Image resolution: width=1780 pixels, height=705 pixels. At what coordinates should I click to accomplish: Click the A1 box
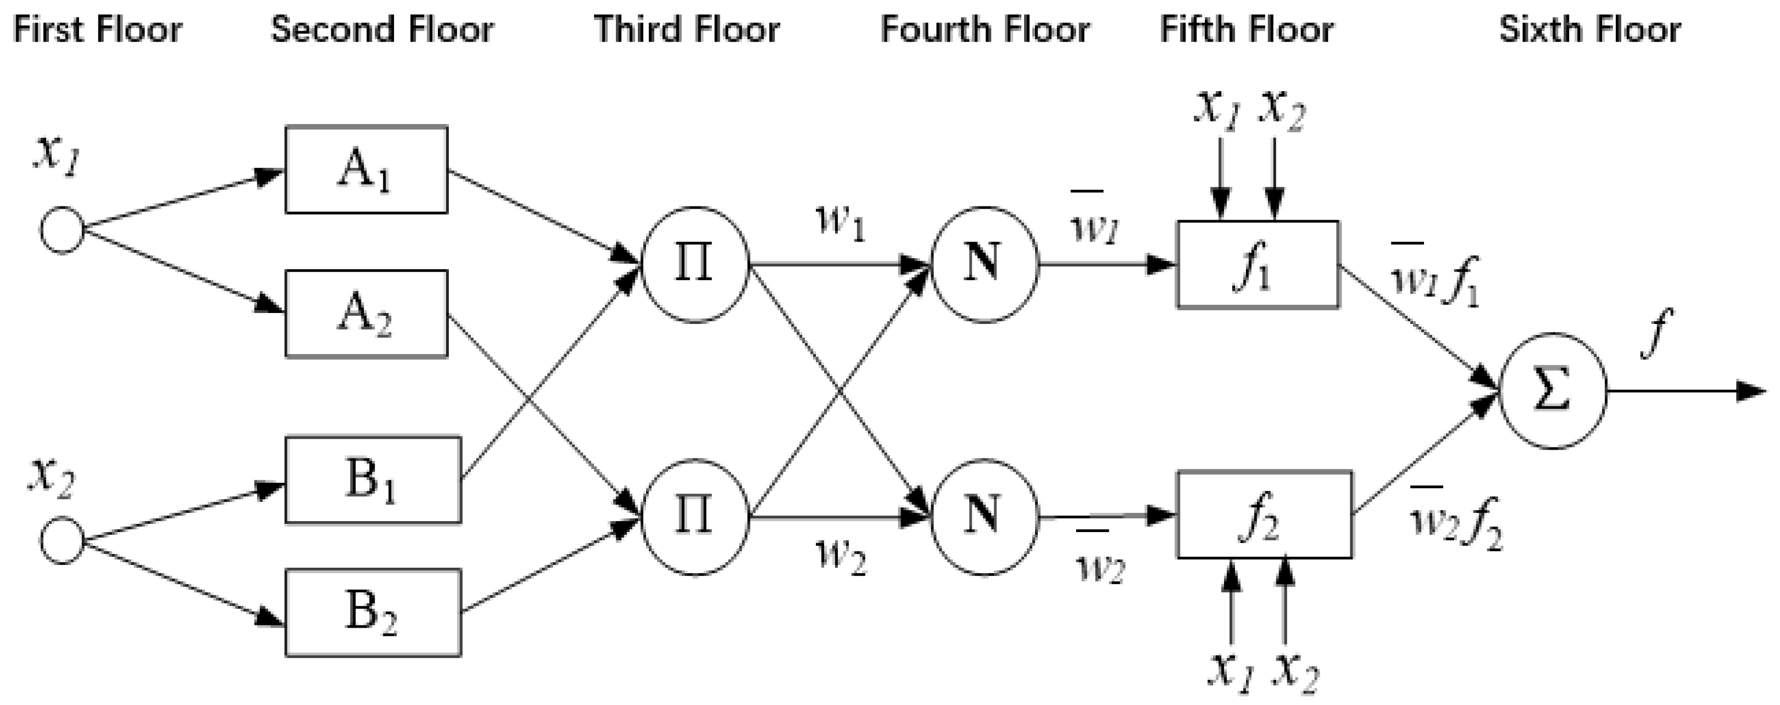tap(366, 170)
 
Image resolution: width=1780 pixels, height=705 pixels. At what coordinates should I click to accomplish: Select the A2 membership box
tap(366, 314)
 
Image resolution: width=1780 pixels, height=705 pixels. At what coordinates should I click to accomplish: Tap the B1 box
tap(373, 480)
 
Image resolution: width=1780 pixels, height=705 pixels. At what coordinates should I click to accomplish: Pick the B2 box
tap(373, 612)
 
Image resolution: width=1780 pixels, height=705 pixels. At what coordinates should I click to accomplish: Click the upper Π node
tap(695, 265)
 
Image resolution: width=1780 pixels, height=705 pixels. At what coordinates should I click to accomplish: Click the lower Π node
tap(695, 517)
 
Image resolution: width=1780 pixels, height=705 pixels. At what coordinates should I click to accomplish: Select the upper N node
tap(984, 265)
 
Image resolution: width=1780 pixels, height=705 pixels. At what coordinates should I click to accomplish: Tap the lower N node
tap(984, 517)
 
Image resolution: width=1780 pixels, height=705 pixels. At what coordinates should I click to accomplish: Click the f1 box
tap(1258, 265)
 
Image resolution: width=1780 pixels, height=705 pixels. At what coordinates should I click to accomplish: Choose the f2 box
tap(1265, 515)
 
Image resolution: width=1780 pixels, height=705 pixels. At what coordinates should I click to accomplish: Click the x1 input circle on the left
tap(62, 231)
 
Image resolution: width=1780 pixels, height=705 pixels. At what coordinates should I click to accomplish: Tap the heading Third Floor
tap(687, 30)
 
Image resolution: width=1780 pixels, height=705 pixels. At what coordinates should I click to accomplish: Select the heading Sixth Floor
tap(1590, 30)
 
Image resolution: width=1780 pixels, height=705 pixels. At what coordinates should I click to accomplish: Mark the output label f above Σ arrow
tap(1655, 333)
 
